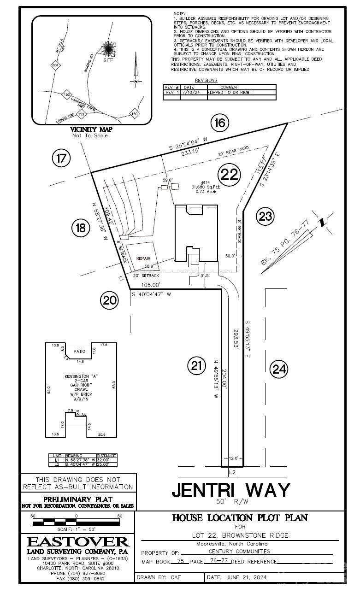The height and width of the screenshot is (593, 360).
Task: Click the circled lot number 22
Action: pyautogui.click(x=229, y=175)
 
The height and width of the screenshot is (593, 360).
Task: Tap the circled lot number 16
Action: pyautogui.click(x=220, y=123)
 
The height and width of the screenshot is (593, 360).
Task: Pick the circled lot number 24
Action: pyautogui.click(x=279, y=368)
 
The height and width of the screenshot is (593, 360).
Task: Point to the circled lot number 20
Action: pyautogui.click(x=110, y=301)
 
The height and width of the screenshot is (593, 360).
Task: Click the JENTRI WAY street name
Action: pyautogui.click(x=231, y=489)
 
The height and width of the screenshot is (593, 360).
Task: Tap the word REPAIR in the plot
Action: pyautogui.click(x=143, y=259)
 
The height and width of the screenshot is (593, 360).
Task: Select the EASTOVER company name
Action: pyautogui.click(x=78, y=542)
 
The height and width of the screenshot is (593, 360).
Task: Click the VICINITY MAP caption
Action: pyautogui.click(x=90, y=129)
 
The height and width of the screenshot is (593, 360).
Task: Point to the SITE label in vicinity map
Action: pyautogui.click(x=108, y=60)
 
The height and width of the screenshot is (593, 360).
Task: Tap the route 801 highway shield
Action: pyautogui.click(x=56, y=66)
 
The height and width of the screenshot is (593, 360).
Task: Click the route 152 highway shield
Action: pyautogui.click(x=82, y=114)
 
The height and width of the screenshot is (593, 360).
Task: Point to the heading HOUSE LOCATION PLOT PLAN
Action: pyautogui.click(x=240, y=518)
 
